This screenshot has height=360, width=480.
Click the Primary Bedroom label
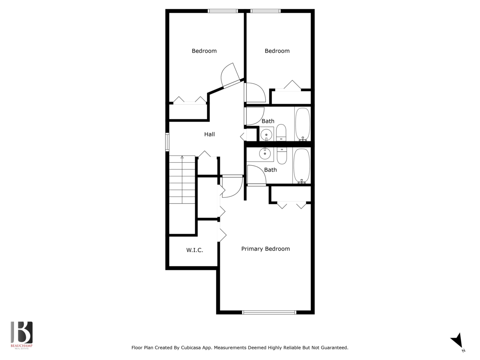266,249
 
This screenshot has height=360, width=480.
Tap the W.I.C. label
195,250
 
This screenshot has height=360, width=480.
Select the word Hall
210,134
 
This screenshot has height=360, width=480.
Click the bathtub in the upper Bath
303,124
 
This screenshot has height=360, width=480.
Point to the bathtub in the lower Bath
302,166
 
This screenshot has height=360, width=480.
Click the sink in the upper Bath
266,134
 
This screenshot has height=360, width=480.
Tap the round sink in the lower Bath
265,153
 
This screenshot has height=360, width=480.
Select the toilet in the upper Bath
281,133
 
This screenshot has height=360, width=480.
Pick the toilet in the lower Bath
282,156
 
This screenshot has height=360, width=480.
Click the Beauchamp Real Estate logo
22,335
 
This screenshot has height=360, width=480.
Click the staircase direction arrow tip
182,156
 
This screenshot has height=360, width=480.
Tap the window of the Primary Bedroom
269,312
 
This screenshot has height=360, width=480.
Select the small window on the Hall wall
167,142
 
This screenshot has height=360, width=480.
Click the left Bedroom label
204,51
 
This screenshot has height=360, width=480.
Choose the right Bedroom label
277,51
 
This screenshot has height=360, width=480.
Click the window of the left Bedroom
223,11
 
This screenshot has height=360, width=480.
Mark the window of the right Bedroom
266,11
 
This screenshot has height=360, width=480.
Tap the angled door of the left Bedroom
232,84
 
